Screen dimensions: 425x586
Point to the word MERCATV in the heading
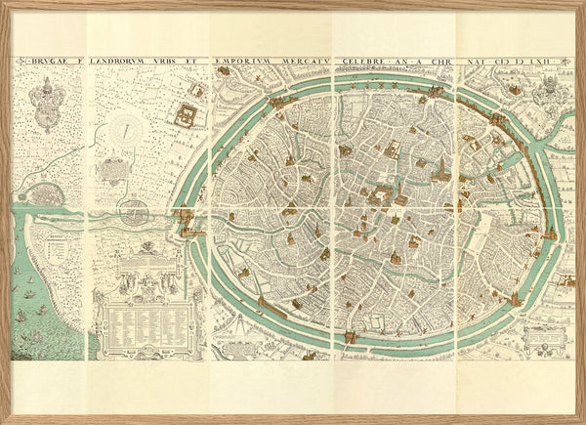(302, 61)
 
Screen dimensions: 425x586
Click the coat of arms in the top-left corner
(46, 103)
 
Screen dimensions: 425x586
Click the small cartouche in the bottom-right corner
(543, 338)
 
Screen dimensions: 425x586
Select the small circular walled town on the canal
(135, 210)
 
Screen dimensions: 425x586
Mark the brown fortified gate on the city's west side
(188, 231)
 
